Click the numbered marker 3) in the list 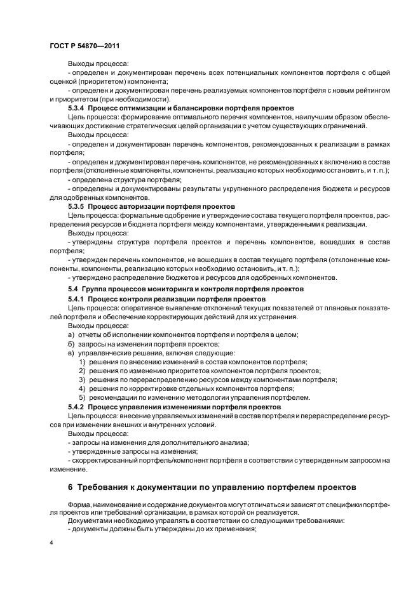pos(83,379)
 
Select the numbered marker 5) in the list pos(83,397)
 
